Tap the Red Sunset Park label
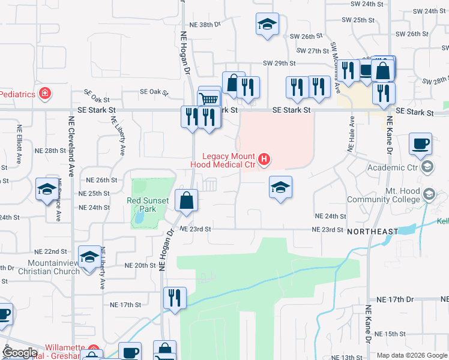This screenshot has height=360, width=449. click(142, 205)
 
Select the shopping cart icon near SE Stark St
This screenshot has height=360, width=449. click(209, 98)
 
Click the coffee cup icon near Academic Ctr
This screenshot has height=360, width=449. click(420, 144)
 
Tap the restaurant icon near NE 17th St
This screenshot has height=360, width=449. click(175, 298)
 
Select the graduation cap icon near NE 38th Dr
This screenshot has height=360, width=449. click(267, 25)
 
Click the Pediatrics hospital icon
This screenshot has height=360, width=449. click(44, 94)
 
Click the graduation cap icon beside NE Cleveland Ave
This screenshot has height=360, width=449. click(47, 190)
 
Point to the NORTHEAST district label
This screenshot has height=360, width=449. click(372, 231)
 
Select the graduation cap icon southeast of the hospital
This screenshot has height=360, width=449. click(280, 187)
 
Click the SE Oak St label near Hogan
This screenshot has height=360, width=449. click(153, 92)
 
